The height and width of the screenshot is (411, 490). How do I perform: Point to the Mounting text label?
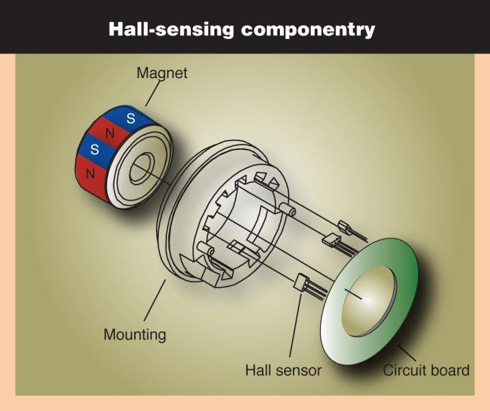(x=135, y=335)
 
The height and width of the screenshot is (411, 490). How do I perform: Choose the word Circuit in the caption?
(x=403, y=371)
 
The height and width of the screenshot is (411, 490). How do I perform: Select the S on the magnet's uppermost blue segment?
(x=131, y=117)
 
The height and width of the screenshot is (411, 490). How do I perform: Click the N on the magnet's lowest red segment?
(x=88, y=175)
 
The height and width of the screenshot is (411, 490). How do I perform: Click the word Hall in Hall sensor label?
(x=259, y=371)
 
